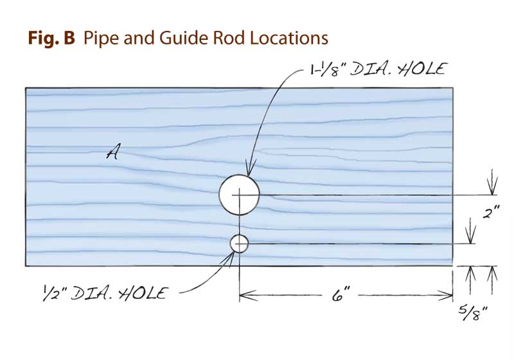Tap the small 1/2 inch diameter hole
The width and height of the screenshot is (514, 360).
coord(239,244)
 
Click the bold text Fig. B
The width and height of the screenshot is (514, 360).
coord(51,38)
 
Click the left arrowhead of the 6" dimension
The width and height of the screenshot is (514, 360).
coord(245,296)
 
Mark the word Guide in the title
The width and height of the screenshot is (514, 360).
coord(166,38)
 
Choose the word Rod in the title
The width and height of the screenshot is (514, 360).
coord(210,38)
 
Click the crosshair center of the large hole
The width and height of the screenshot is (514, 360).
coord(239,194)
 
